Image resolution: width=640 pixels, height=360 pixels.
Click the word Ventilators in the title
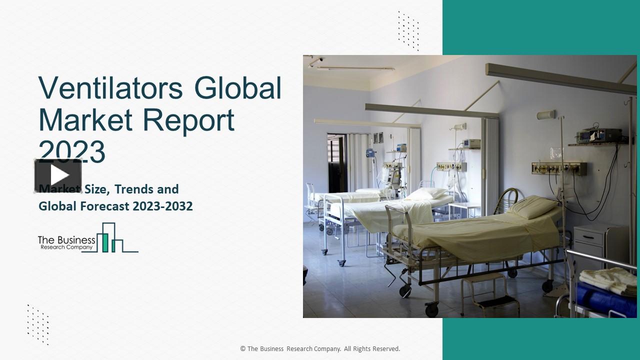pyautogui.click(x=110, y=88)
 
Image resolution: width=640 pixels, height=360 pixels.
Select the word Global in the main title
pyautogui.click(x=238, y=88)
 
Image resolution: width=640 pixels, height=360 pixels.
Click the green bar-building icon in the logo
pyautogui.click(x=105, y=238)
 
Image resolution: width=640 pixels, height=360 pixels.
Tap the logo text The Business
pyautogui.click(x=66, y=240)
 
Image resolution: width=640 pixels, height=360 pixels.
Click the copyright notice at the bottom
pyautogui.click(x=320, y=348)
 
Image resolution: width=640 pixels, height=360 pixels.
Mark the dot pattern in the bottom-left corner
pyautogui.click(x=38, y=324)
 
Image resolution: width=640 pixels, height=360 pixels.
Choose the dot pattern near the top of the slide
pyautogui.click(x=408, y=30)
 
